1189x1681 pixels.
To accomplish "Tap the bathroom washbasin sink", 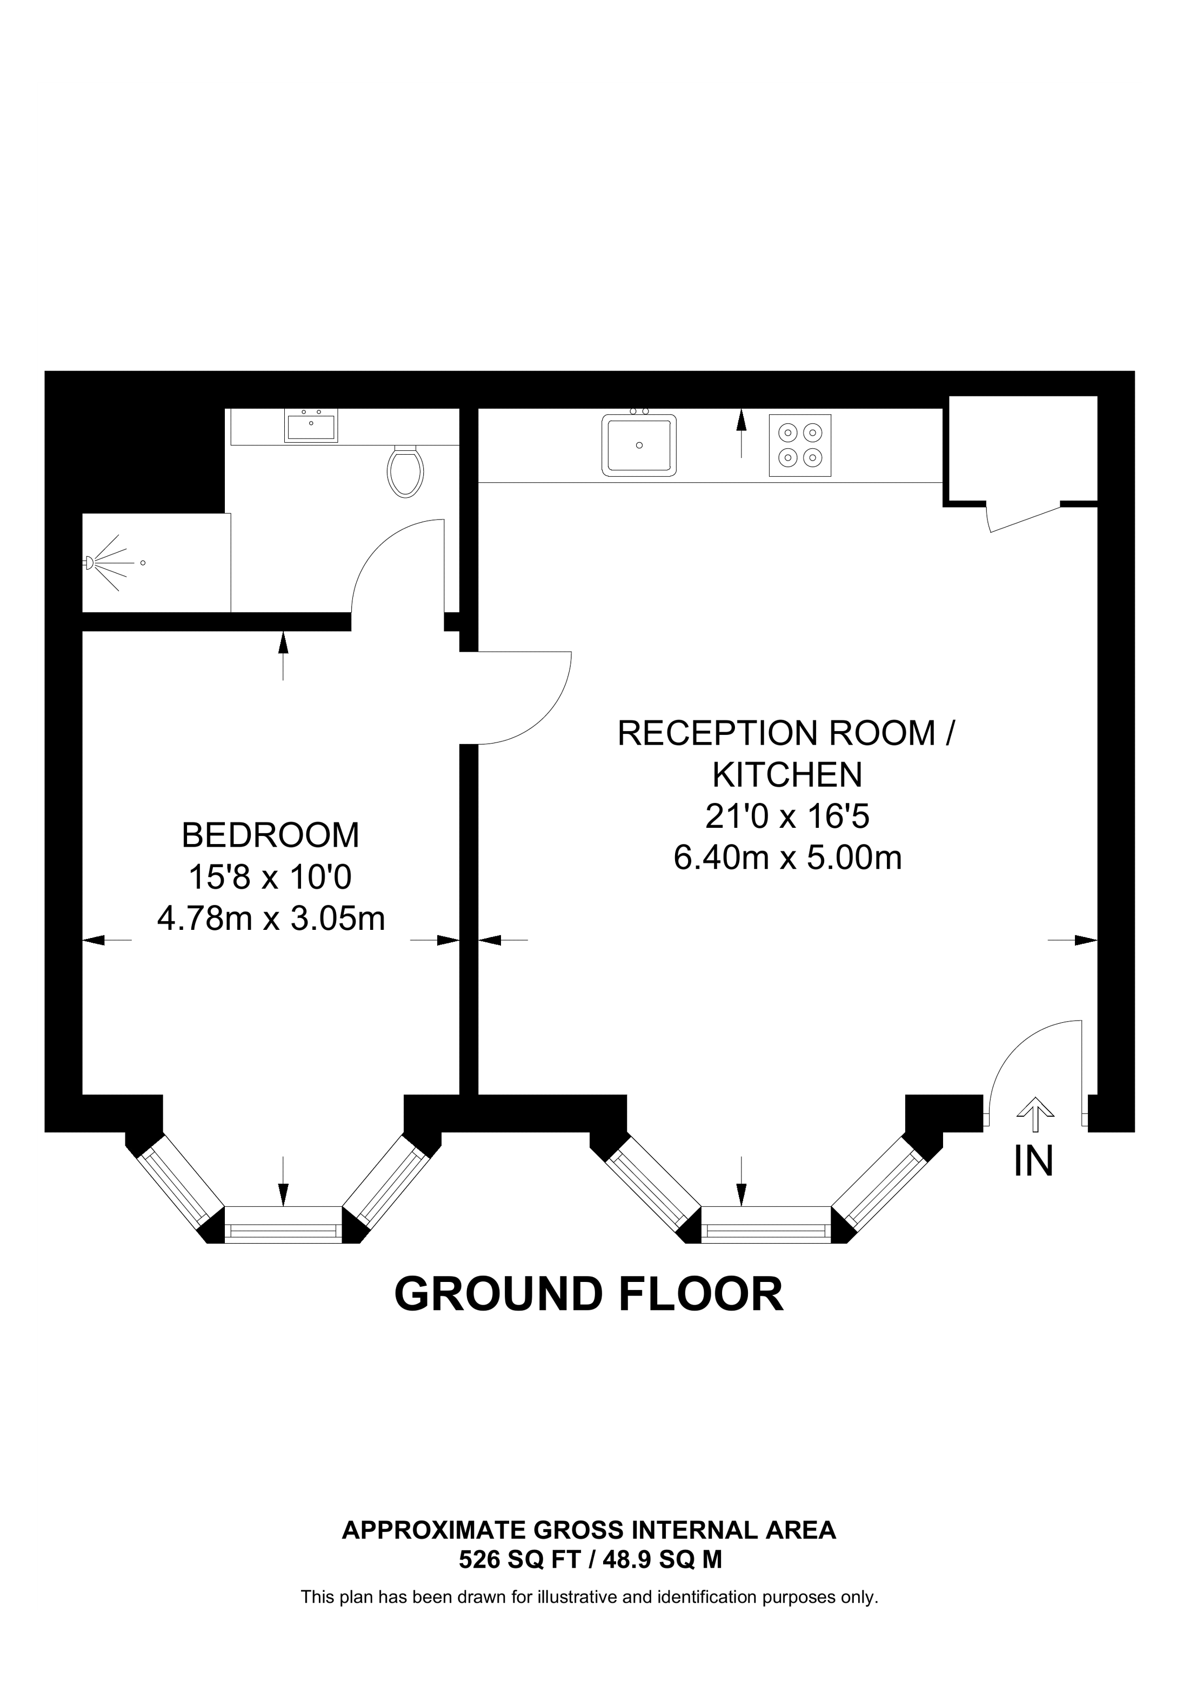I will [311, 426].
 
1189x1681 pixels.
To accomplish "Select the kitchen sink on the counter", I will [639, 445].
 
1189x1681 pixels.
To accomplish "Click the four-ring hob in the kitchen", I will [799, 445].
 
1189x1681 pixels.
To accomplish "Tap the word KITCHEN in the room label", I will [787, 774].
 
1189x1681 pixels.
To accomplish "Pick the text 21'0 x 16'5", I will [787, 816].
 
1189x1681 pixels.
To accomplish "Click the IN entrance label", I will [1033, 1162].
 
